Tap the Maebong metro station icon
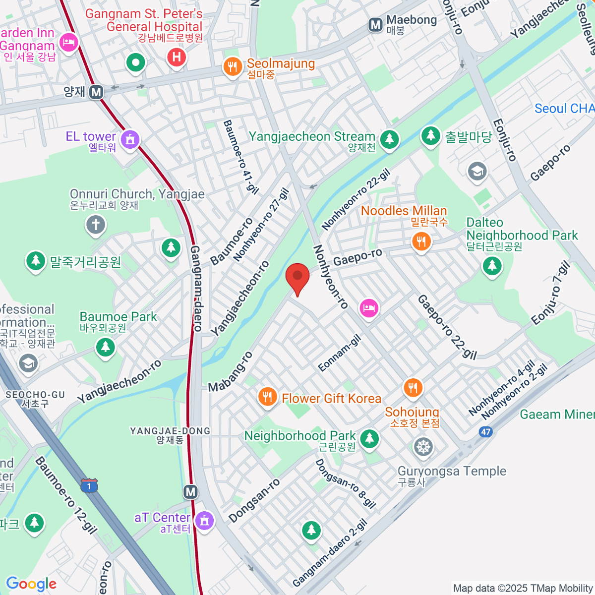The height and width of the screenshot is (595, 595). [376, 24]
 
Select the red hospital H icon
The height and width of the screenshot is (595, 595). [176, 57]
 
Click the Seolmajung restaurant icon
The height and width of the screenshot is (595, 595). [233, 66]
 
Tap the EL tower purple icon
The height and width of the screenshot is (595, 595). [130, 139]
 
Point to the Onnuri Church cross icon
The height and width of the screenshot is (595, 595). [96, 225]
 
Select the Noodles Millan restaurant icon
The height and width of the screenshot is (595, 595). [421, 241]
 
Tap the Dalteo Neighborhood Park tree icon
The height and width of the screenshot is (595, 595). [492, 266]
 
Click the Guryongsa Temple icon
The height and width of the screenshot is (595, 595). [423, 447]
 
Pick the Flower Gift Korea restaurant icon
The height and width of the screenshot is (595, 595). [267, 397]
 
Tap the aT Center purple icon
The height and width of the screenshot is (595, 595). [204, 520]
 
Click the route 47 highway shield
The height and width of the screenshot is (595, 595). [485, 431]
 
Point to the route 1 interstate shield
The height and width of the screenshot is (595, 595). [89, 485]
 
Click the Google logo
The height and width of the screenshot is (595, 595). [31, 584]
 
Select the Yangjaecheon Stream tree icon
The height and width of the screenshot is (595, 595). [389, 139]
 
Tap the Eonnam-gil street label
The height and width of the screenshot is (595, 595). [340, 353]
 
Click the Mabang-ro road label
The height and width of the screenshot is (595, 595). [230, 372]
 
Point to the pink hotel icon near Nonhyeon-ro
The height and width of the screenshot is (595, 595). [369, 308]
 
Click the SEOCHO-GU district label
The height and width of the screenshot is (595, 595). [35, 399]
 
